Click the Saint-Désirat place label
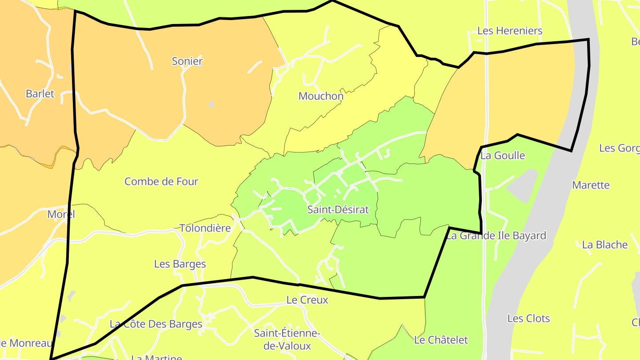[338, 210]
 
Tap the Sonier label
[187, 61]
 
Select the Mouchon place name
[321, 96]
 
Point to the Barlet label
[40, 94]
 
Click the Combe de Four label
[161, 181]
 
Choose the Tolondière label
[205, 228]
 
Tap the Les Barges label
[180, 264]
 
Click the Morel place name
[61, 214]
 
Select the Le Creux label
[307, 300]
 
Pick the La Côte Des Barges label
[156, 324]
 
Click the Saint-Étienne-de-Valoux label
[287, 339]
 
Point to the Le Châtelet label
[441, 340]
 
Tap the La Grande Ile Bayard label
[496, 236]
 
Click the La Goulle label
[503, 156]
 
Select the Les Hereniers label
[510, 31]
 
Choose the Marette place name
[591, 185]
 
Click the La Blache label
[605, 245]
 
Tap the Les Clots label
[528, 319]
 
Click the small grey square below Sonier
[212, 105]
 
